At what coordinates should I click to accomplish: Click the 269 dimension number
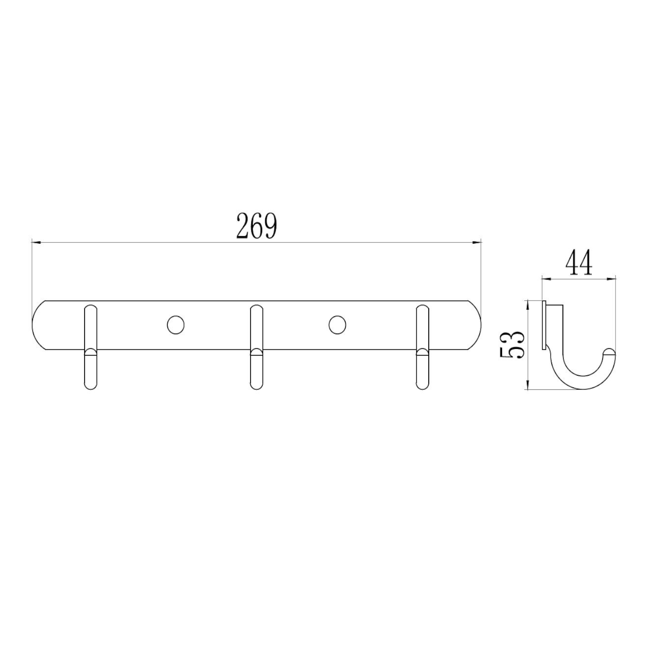click(256, 226)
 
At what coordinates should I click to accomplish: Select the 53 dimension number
click(512, 345)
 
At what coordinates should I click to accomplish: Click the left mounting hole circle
click(176, 325)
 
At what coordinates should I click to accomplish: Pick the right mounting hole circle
click(337, 325)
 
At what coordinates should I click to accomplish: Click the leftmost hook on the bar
click(91, 348)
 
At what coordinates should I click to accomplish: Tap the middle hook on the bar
click(257, 348)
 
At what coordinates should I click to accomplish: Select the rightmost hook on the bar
click(423, 348)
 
